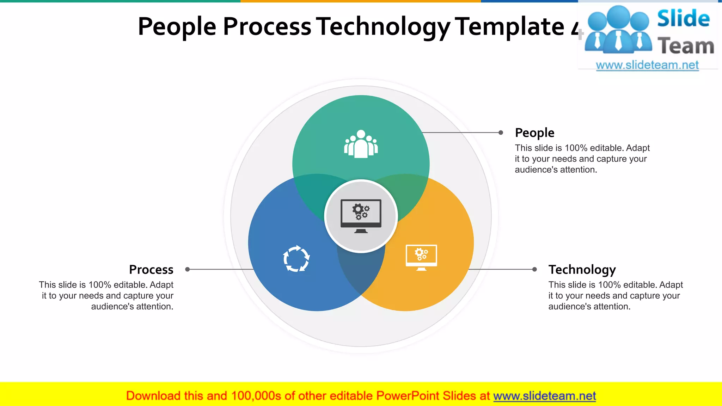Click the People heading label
tap(534, 133)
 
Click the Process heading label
tap(151, 270)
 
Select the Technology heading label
tap(582, 270)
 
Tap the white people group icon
tap(361, 144)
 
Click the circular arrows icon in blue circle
tap(296, 259)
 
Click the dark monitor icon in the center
tap(361, 216)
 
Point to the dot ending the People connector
tap(501, 133)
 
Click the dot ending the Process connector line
tap(188, 269)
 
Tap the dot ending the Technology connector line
tap(534, 269)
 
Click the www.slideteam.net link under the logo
tap(647, 65)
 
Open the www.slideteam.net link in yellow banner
tap(544, 396)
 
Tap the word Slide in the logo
tap(683, 18)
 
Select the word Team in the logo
tap(686, 46)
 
